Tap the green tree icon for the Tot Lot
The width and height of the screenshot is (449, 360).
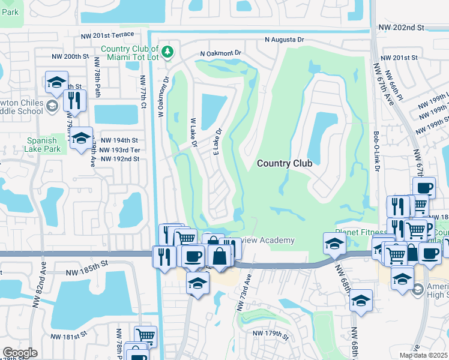coord(169,52)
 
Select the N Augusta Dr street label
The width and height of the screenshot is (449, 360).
coord(285,40)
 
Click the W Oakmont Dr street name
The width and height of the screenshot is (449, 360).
coord(162,95)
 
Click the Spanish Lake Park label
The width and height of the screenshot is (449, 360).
coord(42,145)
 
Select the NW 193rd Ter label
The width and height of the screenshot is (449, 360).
coord(119,149)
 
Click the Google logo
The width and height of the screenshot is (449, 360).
coord(20,353)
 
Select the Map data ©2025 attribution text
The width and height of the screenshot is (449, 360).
coord(423,355)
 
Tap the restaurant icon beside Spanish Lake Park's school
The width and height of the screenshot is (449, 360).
coord(74,101)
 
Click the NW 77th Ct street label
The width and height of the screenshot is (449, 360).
coord(143,92)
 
